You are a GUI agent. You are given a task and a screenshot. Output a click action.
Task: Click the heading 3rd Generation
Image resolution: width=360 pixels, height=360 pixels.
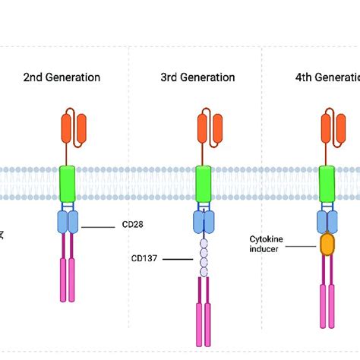[197, 77]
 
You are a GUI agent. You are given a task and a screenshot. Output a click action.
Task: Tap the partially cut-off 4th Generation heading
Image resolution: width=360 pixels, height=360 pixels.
[327, 77]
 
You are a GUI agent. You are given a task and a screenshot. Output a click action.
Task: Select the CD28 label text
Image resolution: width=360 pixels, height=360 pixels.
[133, 225]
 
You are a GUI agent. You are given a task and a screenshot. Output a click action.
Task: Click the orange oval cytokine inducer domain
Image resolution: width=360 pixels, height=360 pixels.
[327, 244]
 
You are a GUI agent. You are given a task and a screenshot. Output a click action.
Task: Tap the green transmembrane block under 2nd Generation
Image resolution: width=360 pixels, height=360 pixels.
[68, 185]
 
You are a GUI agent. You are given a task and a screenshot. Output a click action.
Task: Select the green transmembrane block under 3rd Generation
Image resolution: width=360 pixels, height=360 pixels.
[204, 185]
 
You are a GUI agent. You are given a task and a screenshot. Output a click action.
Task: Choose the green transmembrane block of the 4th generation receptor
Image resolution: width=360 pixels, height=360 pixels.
[327, 185]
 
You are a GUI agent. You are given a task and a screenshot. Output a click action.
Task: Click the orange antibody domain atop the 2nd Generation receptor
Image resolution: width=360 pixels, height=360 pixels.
[74, 128]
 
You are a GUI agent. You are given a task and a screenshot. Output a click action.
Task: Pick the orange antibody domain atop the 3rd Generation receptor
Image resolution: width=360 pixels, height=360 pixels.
[209, 128]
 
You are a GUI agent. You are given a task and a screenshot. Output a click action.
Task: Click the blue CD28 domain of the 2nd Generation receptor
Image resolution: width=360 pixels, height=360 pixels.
[68, 222]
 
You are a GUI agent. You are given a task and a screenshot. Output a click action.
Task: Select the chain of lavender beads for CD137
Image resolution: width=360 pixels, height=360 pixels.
[204, 259]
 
